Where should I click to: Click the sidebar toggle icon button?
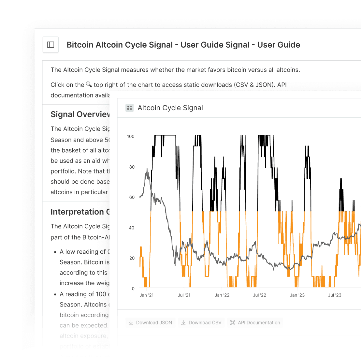pos(51,45)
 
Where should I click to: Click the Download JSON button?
pos(151,322)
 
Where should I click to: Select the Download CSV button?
pos(201,322)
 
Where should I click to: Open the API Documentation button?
pos(255,322)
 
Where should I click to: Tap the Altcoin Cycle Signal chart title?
pos(170,108)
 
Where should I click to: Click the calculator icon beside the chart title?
pos(130,108)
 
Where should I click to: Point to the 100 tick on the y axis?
pos(131,136)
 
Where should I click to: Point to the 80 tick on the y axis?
pos(132,167)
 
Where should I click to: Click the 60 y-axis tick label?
pos(132,197)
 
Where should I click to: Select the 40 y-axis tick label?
pos(132,228)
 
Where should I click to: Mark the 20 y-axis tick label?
pos(132,258)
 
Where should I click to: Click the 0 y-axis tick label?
pos(133,289)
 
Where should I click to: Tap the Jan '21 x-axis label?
pos(147,295)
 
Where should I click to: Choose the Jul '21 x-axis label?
pos(184,295)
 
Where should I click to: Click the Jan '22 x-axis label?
pos(222,295)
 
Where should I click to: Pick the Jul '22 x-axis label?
pos(259,295)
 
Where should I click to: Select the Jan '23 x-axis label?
pos(297,295)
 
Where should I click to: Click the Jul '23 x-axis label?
pos(335,295)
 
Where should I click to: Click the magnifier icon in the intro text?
pos(89,84)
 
